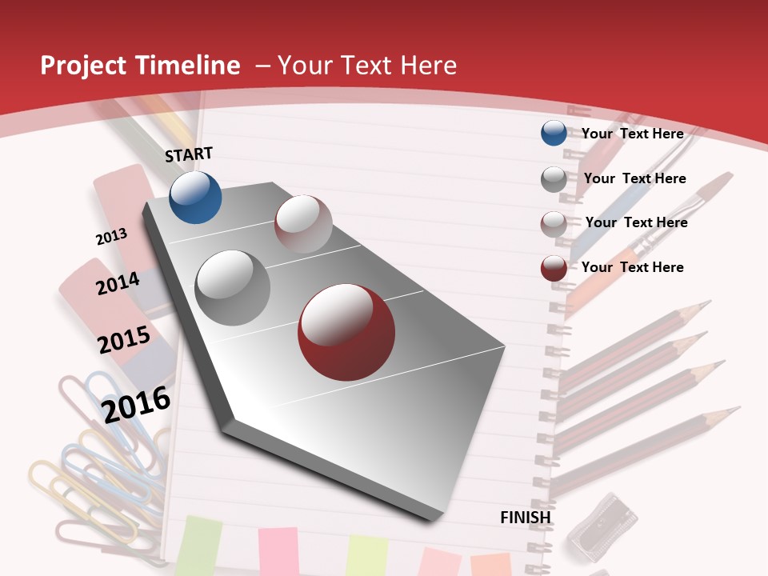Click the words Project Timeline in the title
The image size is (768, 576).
pos(140,66)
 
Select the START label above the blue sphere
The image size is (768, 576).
pos(189,154)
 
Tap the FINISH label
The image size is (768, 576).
pos(526,517)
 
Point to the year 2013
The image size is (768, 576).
pos(111,237)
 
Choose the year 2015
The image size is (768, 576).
pos(124,339)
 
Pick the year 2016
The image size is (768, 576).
pos(136,404)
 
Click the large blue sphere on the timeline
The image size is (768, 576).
pos(195,197)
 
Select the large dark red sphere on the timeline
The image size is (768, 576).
pos(346,332)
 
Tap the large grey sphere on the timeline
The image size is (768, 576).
pos(233,287)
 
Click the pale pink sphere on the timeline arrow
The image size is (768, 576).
pos(303,224)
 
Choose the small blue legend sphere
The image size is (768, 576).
pos(554,134)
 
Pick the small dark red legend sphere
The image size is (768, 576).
pos(554,268)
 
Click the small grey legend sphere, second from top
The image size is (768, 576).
pos(554,179)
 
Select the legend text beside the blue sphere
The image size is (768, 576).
pos(632,134)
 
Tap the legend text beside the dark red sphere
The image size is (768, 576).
pos(632,267)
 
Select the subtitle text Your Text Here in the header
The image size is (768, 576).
pos(366,66)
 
